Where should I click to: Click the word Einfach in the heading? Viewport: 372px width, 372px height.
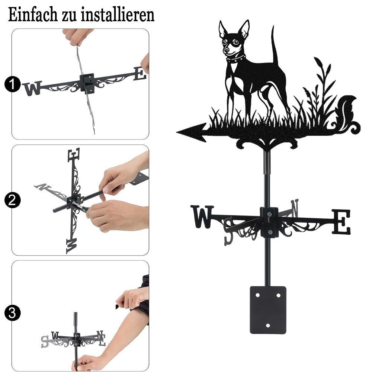(33, 15)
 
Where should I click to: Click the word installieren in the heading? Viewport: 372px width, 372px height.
(118, 15)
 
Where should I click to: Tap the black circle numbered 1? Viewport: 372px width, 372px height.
(12, 84)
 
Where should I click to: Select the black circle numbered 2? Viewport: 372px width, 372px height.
(12, 200)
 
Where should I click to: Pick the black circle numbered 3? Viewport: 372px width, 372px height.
(12, 313)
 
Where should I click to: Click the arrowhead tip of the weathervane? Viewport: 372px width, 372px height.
(177, 132)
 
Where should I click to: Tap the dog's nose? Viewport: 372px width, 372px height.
(227, 51)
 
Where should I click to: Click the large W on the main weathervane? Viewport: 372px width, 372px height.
(202, 217)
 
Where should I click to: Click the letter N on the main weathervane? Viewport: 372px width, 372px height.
(295, 208)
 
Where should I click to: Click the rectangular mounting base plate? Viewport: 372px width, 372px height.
(268, 310)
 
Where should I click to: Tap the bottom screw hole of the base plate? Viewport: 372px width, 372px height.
(268, 325)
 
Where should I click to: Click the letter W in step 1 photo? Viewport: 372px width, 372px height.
(32, 88)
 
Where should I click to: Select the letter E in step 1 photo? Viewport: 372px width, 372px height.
(140, 73)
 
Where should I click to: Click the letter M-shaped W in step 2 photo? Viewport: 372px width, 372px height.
(71, 246)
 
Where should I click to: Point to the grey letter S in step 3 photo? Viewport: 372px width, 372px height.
(45, 341)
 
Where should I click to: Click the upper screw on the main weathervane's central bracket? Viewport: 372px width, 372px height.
(269, 215)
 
